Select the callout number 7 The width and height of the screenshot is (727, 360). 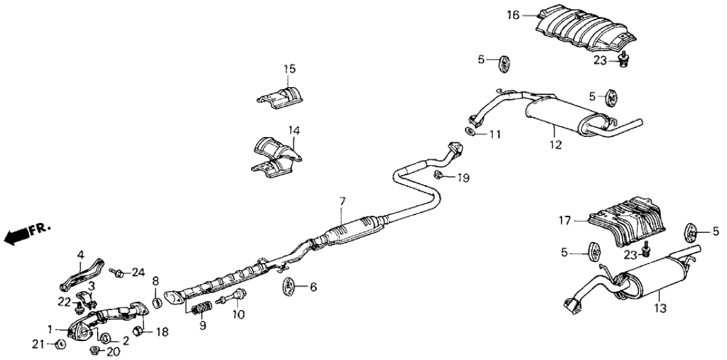(342, 200)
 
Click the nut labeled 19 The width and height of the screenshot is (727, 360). (438, 174)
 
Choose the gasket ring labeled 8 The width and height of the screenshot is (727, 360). (157, 302)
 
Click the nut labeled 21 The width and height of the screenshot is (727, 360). (60, 344)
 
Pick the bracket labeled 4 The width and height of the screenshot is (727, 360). (80, 273)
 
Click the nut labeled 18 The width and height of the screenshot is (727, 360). (138, 329)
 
